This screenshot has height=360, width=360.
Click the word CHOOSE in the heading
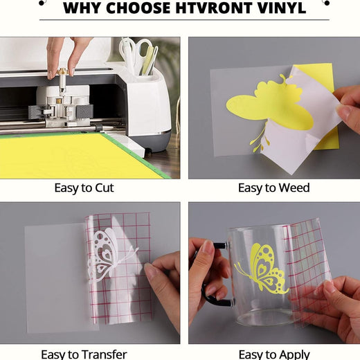click(x=138, y=8)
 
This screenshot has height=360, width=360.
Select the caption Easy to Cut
click(x=84, y=188)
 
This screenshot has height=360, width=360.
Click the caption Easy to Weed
click(x=273, y=188)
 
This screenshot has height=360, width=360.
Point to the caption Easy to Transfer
click(x=84, y=354)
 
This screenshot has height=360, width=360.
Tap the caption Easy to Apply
click(x=274, y=354)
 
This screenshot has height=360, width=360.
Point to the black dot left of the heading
click(x=42, y=3)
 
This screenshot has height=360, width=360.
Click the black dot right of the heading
click(x=327, y=3)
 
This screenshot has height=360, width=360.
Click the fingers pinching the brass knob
click(x=61, y=55)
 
